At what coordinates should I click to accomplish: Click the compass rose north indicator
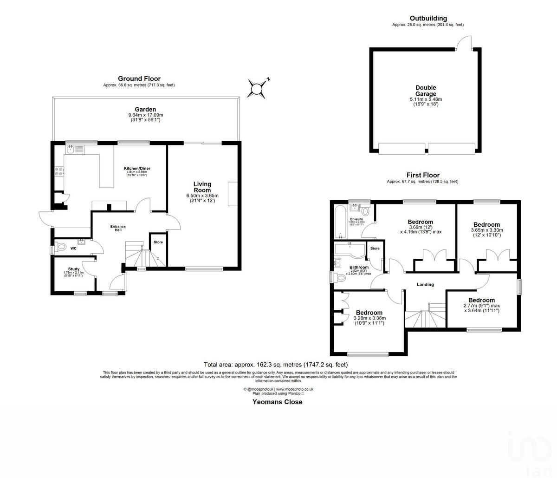coord(257,88)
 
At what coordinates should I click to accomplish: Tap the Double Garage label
coord(426,91)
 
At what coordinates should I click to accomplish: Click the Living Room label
coord(202,187)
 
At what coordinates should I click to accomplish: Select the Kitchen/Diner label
coord(136,168)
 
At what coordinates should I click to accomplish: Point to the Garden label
coord(145,110)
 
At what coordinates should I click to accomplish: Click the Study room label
coord(74,269)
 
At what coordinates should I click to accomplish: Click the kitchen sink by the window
coord(71,149)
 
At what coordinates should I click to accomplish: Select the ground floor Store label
coord(158,242)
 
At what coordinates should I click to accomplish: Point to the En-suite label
coord(356,219)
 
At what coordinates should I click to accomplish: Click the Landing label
coord(425,285)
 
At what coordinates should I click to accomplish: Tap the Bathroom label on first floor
coord(359,268)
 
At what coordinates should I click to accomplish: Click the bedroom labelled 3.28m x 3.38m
coord(369,313)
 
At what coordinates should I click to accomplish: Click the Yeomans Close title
coord(277,402)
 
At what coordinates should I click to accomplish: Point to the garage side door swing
coord(463,43)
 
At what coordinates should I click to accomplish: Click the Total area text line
coord(276,365)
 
